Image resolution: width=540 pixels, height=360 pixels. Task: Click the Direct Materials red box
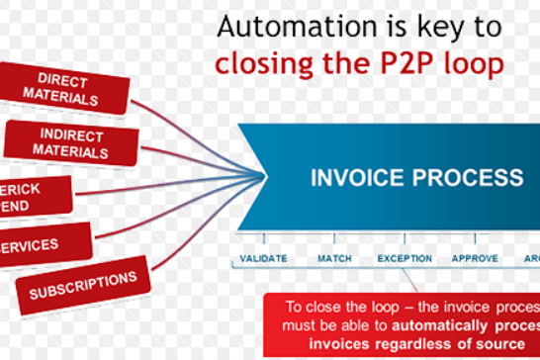coord(68,89)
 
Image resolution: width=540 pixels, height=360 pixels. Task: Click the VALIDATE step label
coord(264,259)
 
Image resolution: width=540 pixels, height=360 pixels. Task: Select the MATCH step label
coord(334,259)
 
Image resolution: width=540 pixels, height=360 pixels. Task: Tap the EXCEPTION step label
coord(405,259)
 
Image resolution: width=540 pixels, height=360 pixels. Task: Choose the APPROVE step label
coord(475,259)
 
